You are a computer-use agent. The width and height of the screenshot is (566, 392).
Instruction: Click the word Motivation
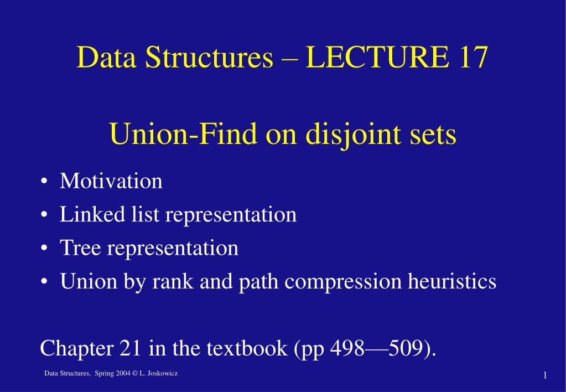click(111, 181)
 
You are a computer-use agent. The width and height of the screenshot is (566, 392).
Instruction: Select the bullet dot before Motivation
click(44, 182)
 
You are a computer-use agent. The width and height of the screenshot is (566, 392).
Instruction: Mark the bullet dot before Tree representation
click(44, 249)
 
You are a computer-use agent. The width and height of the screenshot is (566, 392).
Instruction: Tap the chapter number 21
click(131, 348)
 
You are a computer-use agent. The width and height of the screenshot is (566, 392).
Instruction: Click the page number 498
click(347, 348)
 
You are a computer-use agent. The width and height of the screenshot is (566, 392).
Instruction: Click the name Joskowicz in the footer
click(162, 374)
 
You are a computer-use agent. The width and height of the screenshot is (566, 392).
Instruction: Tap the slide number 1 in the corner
click(545, 376)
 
